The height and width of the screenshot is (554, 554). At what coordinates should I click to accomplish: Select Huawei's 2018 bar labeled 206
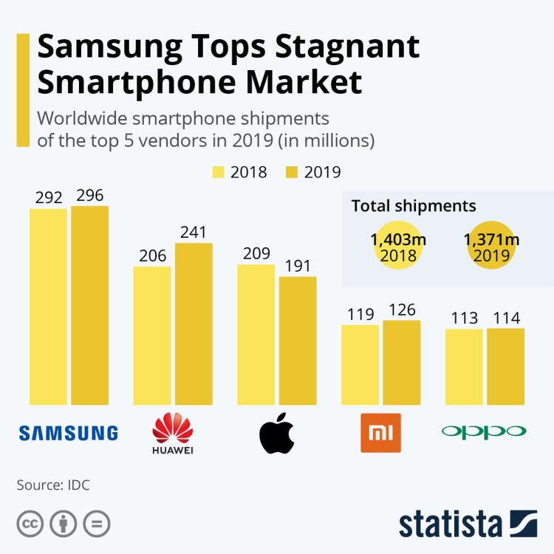point(152,335)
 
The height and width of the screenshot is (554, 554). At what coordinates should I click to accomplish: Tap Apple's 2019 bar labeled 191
point(298,341)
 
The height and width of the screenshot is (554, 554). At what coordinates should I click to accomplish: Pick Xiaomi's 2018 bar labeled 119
point(360,364)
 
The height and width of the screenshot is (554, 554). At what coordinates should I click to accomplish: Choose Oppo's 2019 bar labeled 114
point(505,366)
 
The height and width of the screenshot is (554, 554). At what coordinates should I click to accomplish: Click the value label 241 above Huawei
point(194,232)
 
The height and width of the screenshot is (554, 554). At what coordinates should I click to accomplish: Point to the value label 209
point(256,253)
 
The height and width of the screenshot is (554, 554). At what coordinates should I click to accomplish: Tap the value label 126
point(401,310)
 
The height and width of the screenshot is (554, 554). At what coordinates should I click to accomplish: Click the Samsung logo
point(68,433)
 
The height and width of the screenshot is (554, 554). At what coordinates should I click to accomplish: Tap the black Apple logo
point(277,433)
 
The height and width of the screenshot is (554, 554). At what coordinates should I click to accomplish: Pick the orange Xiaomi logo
point(380,433)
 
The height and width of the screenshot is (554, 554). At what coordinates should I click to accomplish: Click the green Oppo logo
point(485,431)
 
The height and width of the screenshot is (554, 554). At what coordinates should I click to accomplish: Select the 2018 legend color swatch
point(219,172)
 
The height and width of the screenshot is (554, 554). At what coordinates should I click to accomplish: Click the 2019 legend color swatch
point(293,172)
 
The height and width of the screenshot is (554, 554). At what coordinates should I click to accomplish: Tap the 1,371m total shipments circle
point(492,246)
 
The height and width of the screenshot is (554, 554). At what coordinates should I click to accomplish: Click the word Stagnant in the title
point(346,48)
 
